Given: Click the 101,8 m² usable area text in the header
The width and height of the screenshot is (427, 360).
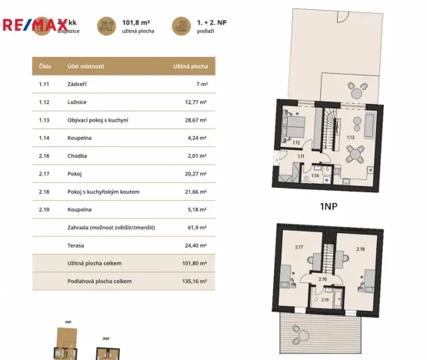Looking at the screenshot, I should click(x=135, y=23).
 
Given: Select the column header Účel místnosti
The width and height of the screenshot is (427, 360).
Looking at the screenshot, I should click(x=85, y=67).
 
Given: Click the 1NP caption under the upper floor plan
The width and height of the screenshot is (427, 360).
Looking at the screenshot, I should click(x=329, y=206).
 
